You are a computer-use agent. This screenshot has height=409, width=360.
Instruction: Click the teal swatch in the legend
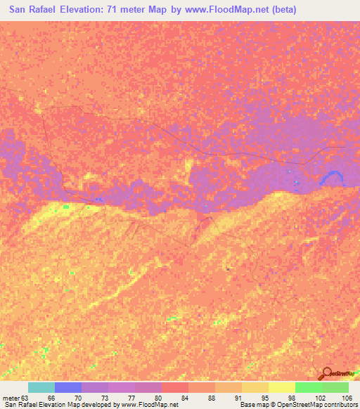41,387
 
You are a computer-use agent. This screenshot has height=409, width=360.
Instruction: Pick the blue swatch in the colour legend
68,387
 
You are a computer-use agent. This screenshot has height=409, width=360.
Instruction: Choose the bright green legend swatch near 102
309,387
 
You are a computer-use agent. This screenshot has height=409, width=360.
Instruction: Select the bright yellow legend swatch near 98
282,387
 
